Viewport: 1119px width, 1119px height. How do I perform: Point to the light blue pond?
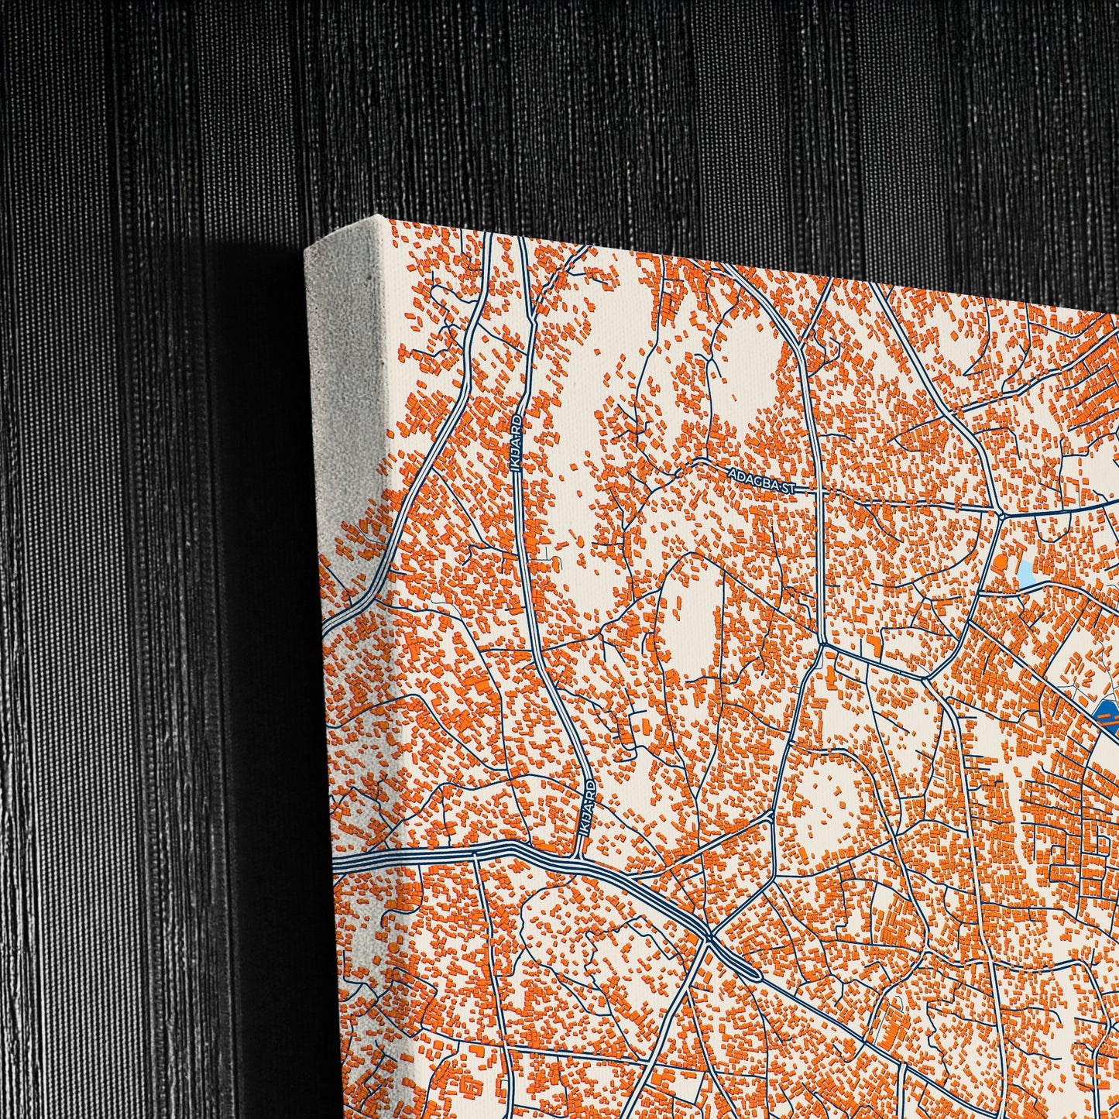tap(1026, 574)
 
